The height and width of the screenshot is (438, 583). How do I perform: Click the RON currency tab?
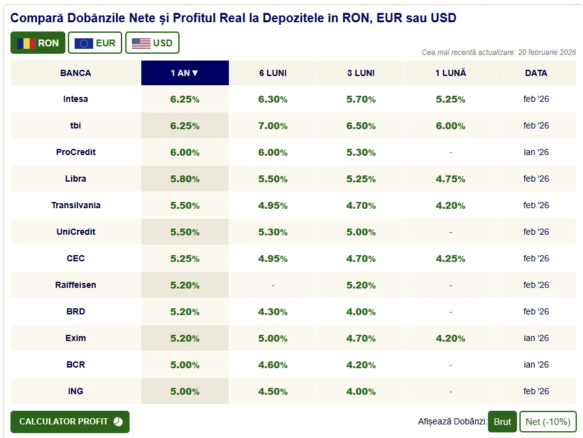[x=38, y=43]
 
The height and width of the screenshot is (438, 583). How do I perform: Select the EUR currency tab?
[x=95, y=43]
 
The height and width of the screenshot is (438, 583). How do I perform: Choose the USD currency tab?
[x=152, y=43]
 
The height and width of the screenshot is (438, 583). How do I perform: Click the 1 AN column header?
[x=184, y=73]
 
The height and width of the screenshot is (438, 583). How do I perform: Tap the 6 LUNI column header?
[x=273, y=73]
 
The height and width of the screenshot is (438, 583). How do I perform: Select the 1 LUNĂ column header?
[x=450, y=73]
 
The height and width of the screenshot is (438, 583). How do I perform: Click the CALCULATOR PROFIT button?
[x=70, y=421]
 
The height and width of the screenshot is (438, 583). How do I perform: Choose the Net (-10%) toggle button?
[x=548, y=421]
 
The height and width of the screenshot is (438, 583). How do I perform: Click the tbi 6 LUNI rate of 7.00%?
[x=273, y=125]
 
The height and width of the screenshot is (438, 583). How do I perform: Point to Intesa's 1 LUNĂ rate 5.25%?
[x=450, y=99]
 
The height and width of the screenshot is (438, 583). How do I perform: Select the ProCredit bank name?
[x=76, y=152]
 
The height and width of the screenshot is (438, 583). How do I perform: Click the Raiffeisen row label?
[x=76, y=285]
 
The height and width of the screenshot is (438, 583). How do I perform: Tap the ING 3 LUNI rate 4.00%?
[x=361, y=391]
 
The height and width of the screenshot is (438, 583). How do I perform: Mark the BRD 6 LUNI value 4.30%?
[x=273, y=311]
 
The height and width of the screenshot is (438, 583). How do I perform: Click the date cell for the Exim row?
[x=535, y=338]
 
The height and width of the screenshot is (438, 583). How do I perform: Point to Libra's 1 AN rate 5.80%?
[x=184, y=179]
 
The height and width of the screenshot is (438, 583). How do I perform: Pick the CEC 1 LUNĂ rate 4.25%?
[x=450, y=258]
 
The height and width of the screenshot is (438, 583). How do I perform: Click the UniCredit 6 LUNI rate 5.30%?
[x=273, y=232]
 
